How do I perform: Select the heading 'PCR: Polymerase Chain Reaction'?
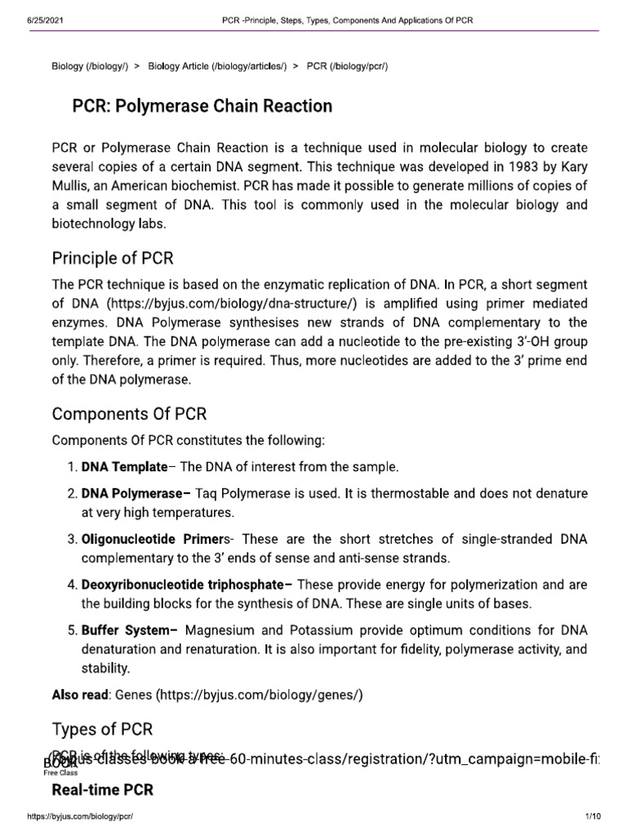pyautogui.click(x=192, y=106)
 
